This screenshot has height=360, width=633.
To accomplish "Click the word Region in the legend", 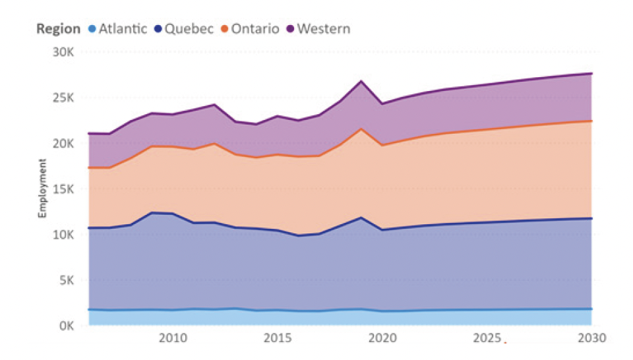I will tap(58, 28).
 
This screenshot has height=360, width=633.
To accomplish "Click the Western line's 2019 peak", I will tap(361, 81).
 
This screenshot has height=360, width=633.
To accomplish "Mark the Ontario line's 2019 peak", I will tap(361, 129).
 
